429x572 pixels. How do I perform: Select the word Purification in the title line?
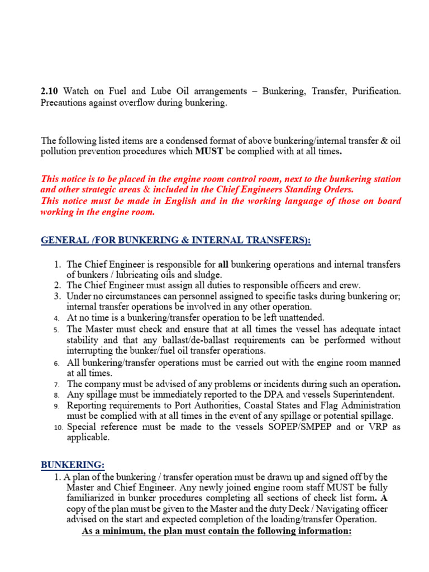tap(376, 90)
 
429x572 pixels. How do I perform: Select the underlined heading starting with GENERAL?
tap(176, 240)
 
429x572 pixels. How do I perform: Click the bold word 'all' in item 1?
tap(223, 264)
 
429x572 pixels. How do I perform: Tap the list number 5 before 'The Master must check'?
tap(57, 330)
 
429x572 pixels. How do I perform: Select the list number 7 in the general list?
tap(57, 384)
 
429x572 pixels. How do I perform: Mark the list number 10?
tap(59, 428)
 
